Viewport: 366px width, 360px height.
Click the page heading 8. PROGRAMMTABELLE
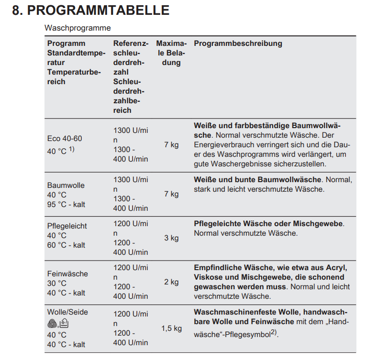tap(90, 11)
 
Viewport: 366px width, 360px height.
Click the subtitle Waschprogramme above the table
tap(78, 28)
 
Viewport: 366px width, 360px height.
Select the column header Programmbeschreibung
tap(238, 44)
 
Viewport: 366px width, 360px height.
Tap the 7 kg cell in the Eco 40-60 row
tap(171, 144)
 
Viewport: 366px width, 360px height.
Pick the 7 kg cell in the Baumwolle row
tap(171, 194)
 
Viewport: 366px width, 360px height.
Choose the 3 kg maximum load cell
tap(171, 238)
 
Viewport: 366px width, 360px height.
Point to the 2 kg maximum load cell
tap(171, 282)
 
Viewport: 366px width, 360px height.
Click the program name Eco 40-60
tap(65, 139)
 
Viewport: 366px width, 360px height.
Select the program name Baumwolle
tap(66, 185)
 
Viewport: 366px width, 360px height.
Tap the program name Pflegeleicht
tap(67, 226)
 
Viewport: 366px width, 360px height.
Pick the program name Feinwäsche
tap(67, 274)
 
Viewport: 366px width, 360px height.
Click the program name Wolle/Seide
tap(67, 312)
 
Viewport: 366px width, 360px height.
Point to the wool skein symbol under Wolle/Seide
tap(52, 324)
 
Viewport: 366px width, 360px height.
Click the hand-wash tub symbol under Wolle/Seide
tap(64, 324)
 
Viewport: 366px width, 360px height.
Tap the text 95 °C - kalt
tap(66, 205)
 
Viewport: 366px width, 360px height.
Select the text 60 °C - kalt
tap(66, 245)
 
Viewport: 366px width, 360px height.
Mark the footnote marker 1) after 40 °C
tap(72, 150)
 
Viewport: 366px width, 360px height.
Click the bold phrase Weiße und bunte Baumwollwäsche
tap(257, 180)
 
